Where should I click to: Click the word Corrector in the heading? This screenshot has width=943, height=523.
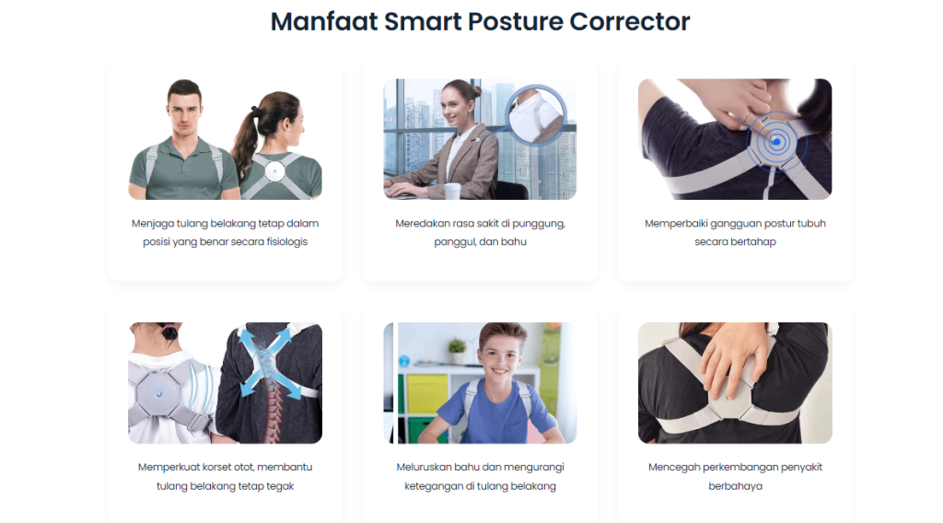[630, 21]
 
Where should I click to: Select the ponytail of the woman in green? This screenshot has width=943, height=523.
[246, 138]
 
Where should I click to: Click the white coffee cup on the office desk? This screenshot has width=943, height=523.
[451, 191]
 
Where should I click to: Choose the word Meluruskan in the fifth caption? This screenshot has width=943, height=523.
[425, 467]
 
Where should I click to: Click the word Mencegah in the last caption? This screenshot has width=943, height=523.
[674, 467]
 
